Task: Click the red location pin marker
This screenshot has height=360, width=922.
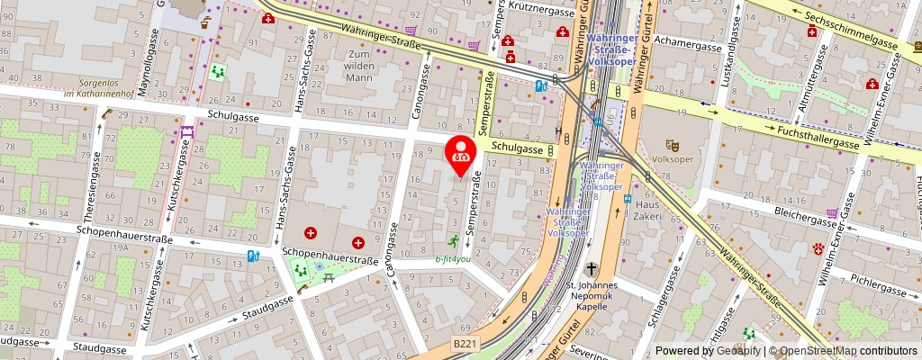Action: click(462, 153)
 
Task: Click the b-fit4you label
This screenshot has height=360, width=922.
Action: click(453, 258)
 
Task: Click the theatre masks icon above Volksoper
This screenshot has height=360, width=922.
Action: click(671, 144)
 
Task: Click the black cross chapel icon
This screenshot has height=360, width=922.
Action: click(592, 269)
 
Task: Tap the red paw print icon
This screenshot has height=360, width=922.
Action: click(818, 247)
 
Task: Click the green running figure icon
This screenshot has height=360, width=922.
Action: click(454, 240)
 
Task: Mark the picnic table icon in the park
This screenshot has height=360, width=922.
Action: click(329, 279)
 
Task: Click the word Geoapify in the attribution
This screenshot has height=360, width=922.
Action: click(736, 351)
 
